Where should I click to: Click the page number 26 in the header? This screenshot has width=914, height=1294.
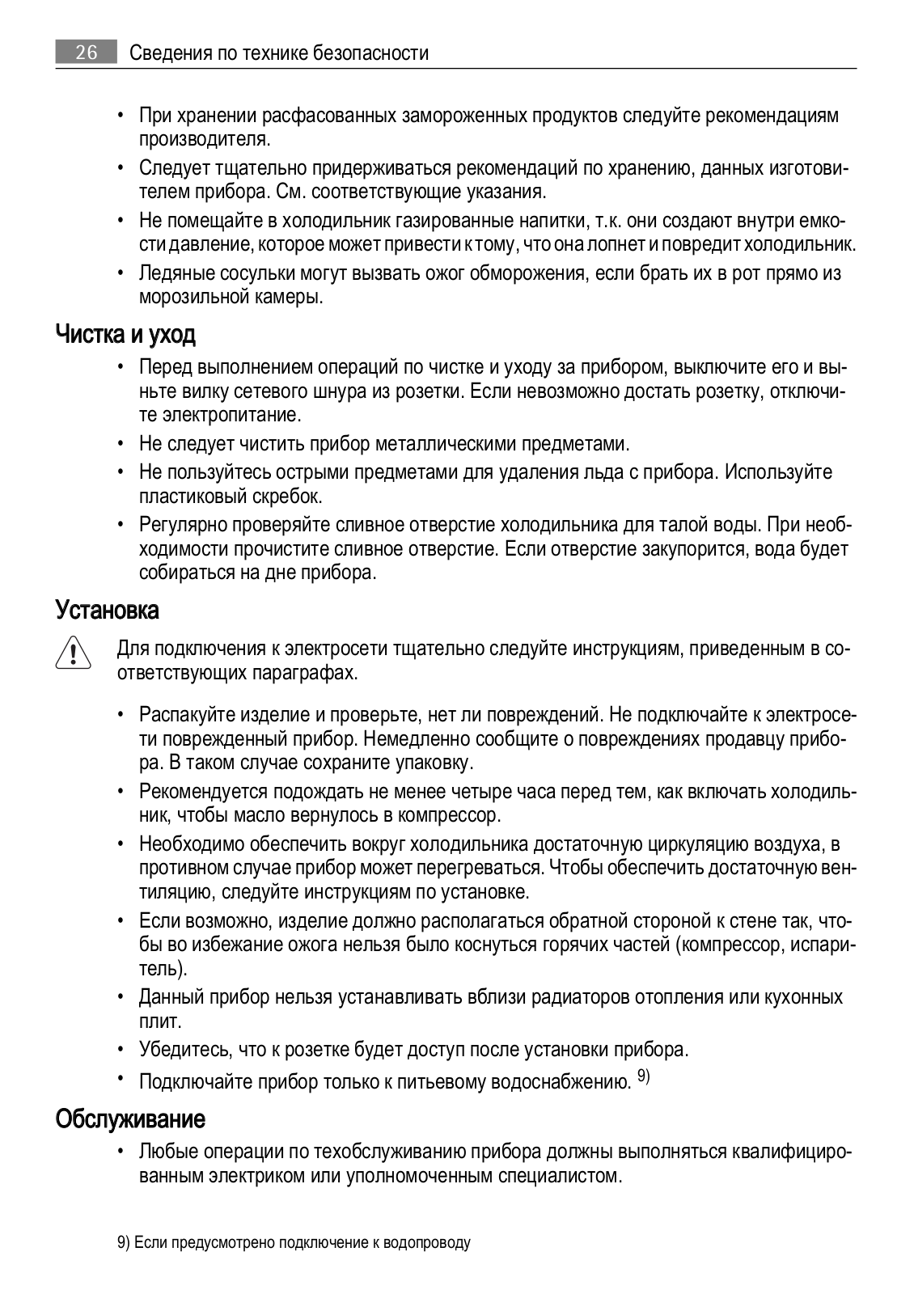click(87, 53)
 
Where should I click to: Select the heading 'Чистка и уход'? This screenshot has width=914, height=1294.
click(125, 334)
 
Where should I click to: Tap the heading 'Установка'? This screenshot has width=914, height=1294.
click(107, 610)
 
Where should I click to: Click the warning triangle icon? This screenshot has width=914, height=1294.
click(73, 653)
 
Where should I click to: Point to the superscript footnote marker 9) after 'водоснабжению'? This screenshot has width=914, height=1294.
click(644, 1075)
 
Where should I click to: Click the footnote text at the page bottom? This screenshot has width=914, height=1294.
click(294, 1242)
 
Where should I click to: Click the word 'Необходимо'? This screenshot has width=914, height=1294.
click(191, 844)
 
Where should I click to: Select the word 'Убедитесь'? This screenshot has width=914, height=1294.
click(185, 1050)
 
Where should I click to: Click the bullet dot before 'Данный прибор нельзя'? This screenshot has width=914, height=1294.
click(120, 997)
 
